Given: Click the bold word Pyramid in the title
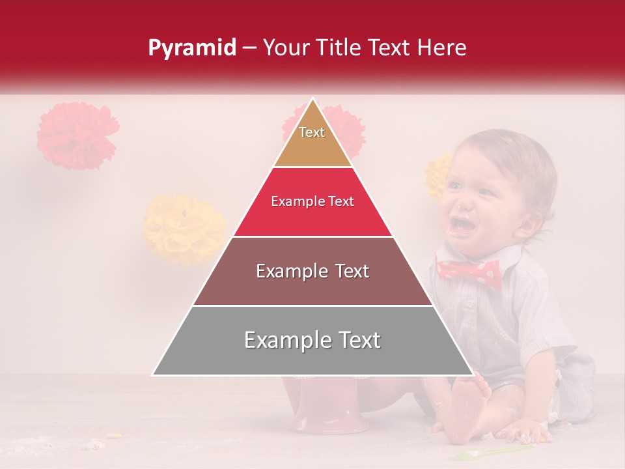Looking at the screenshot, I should click(x=192, y=48).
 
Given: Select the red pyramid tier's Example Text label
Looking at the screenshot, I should click(x=312, y=202).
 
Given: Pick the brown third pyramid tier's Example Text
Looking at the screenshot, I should click(x=312, y=271).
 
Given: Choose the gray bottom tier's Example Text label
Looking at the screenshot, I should click(x=312, y=340).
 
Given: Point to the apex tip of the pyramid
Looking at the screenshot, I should click(x=313, y=100).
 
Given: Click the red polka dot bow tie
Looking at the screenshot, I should click(x=469, y=272).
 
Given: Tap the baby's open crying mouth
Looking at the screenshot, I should click(x=464, y=225).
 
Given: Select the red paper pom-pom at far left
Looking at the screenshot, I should click(x=77, y=135).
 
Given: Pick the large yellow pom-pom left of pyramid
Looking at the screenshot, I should click(x=184, y=229).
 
